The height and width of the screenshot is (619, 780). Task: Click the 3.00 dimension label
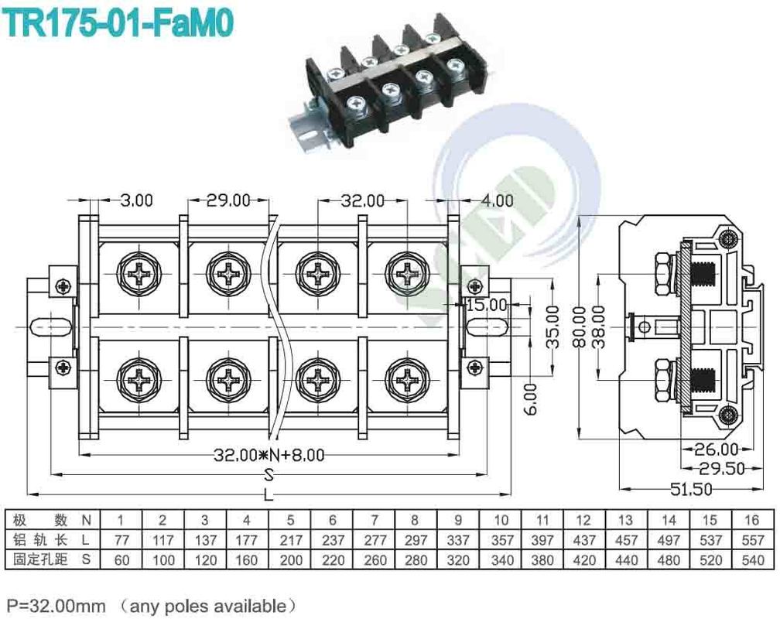[x=137, y=200]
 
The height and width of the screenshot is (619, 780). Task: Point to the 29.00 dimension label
[x=228, y=200]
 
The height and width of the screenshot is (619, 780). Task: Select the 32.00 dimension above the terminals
[x=363, y=200]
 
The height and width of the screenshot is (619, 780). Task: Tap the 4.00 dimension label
[x=496, y=200]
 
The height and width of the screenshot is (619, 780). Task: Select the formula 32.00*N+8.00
[x=269, y=455]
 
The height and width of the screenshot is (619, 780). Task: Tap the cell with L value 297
[x=415, y=539]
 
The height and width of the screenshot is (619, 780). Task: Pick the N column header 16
[x=751, y=519]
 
